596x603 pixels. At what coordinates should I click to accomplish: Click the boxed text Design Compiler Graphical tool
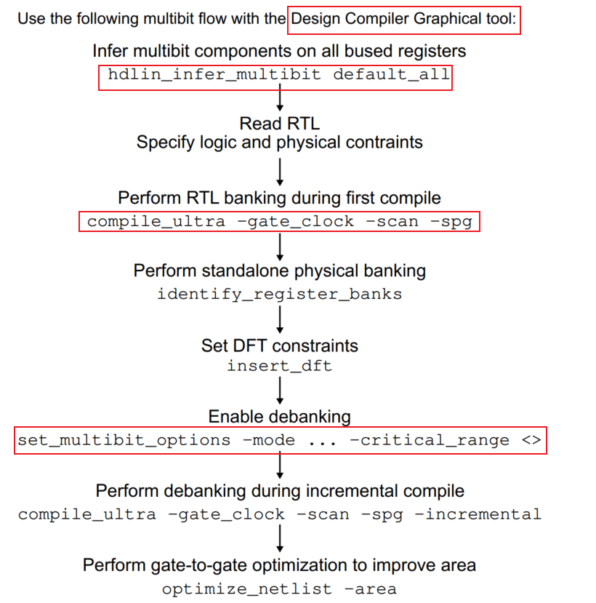tap(404, 18)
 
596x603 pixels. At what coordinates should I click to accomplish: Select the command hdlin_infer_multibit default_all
tap(275, 74)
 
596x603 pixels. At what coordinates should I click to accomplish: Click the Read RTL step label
tap(279, 124)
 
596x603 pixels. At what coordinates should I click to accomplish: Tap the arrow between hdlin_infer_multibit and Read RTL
tap(280, 100)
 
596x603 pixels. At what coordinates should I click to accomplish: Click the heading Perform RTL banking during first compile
tap(279, 198)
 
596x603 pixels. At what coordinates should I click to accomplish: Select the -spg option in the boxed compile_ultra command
tap(456, 221)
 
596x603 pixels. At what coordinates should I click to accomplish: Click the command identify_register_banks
tap(279, 294)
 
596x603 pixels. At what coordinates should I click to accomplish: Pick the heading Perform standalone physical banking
tap(279, 271)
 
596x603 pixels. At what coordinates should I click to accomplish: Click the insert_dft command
tap(279, 366)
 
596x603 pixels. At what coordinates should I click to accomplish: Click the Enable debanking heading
tap(279, 417)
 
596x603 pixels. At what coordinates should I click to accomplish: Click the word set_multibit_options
tap(124, 440)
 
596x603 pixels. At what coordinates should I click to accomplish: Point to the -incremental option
tap(483, 514)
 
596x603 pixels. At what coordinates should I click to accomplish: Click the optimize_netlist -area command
tap(279, 588)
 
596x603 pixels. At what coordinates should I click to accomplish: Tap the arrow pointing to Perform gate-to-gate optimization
tap(280, 539)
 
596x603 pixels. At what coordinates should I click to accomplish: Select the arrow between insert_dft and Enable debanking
tap(280, 391)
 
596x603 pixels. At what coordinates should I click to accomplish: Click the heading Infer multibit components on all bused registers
tap(279, 51)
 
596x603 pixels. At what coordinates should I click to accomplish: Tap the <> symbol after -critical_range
tap(531, 440)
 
